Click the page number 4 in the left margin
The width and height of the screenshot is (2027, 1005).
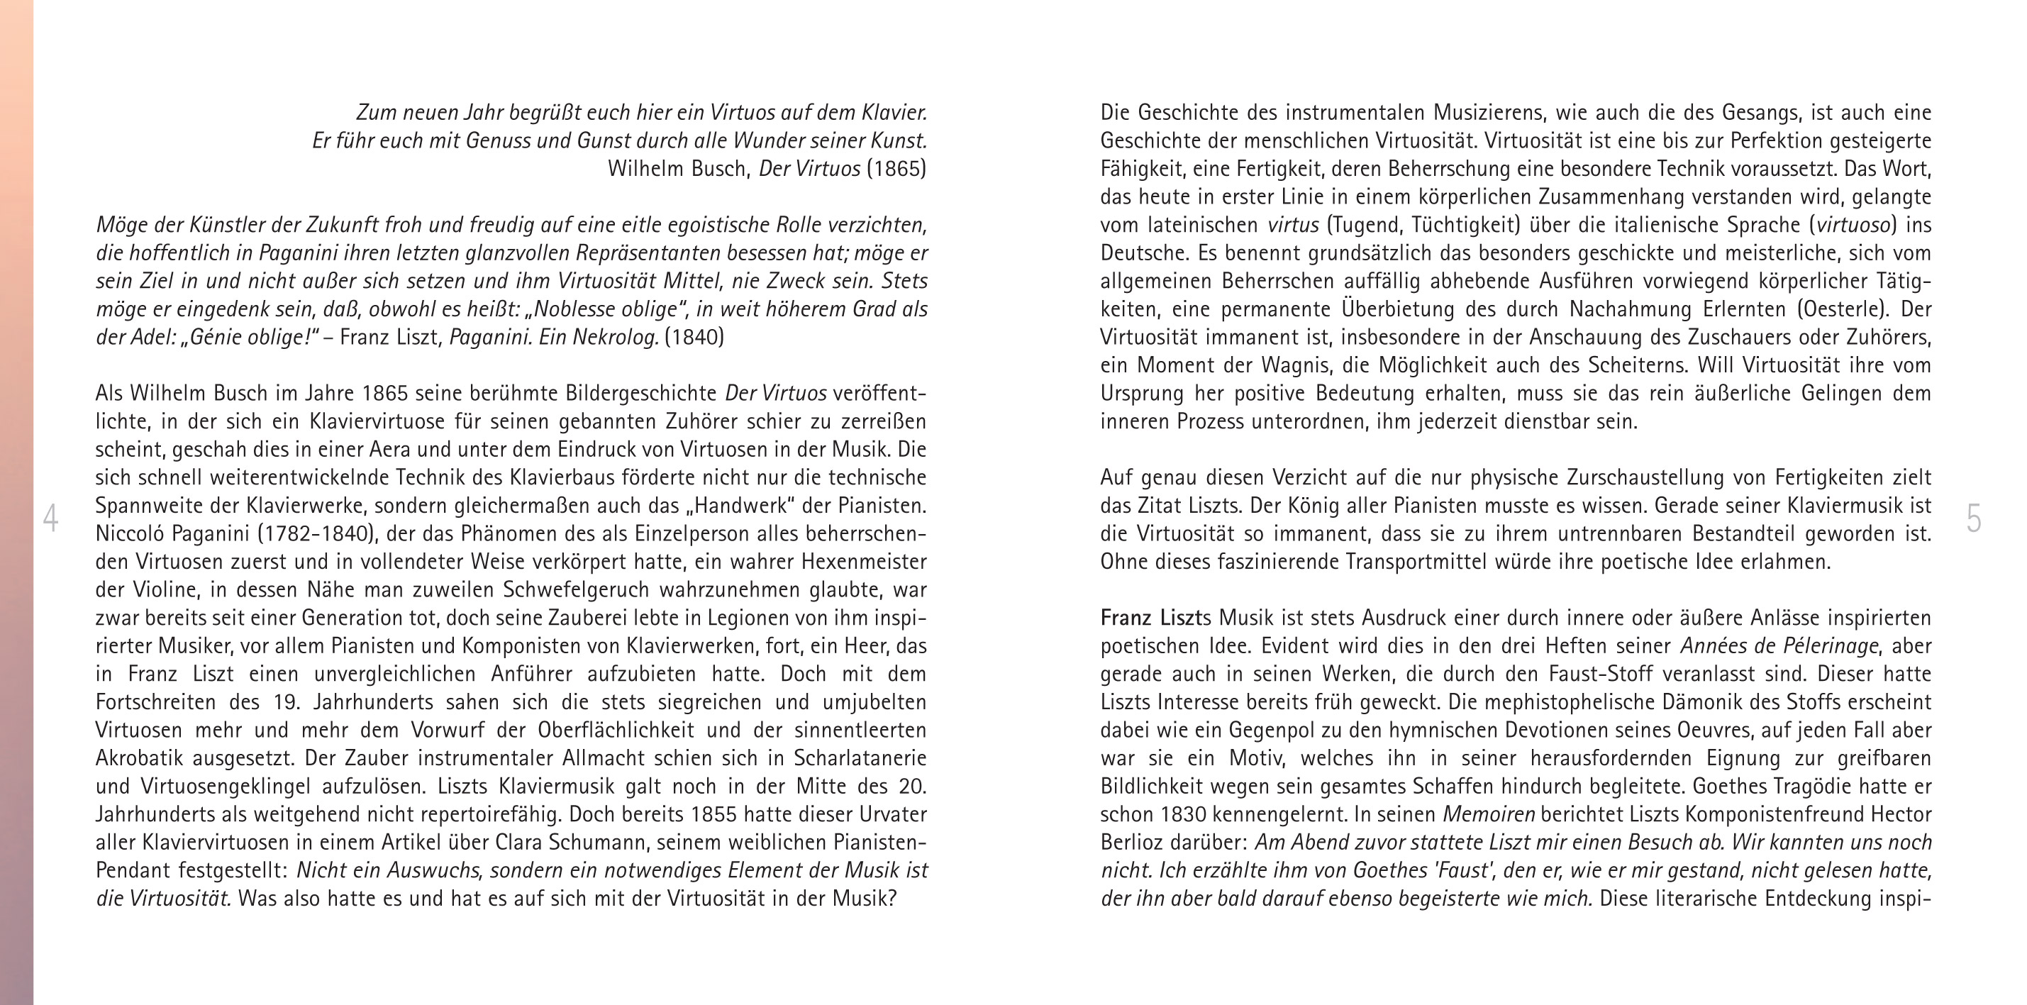(x=50, y=518)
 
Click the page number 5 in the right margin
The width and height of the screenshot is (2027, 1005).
(x=1974, y=518)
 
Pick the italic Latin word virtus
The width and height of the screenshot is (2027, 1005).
(x=1293, y=225)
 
